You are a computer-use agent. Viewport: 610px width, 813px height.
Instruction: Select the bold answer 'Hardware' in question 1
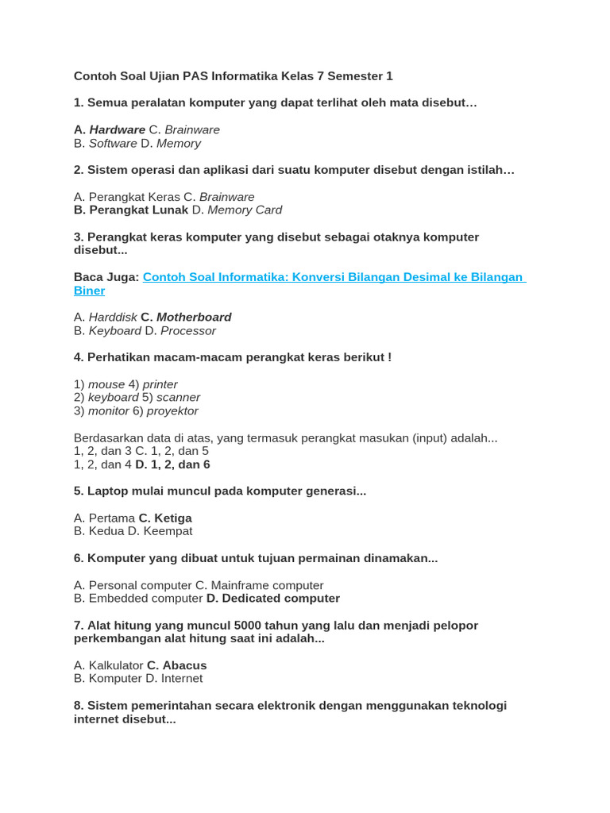(117, 129)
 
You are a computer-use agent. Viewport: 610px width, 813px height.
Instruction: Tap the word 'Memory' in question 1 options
(179, 144)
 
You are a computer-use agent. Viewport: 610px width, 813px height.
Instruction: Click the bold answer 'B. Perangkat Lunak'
(131, 210)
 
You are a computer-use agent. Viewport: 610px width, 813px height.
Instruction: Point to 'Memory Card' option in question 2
(245, 210)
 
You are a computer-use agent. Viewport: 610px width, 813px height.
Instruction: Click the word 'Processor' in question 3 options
(187, 331)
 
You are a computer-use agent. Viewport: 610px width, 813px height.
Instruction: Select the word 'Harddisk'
(113, 318)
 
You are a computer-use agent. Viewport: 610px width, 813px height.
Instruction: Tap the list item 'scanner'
(178, 398)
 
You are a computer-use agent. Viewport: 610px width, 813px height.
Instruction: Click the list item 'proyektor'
(172, 411)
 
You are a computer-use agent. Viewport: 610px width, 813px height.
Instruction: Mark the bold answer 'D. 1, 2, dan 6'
(172, 464)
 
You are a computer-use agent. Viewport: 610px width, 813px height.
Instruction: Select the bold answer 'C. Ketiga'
(165, 518)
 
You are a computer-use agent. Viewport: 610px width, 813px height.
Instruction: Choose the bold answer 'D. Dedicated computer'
(272, 599)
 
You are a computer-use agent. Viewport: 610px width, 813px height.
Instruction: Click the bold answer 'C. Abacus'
(176, 665)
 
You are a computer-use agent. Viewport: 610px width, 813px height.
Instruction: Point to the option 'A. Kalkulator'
(108, 665)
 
